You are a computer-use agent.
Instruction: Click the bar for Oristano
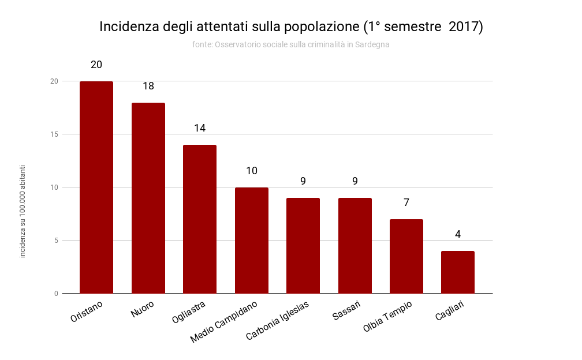96,187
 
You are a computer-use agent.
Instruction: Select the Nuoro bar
148,198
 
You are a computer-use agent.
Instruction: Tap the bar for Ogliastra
200,219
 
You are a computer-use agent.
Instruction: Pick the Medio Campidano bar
252,241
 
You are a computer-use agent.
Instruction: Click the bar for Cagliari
458,272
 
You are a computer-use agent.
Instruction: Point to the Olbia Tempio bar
406,256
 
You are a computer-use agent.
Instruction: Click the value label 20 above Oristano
96,65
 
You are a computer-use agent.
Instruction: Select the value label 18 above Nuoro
148,86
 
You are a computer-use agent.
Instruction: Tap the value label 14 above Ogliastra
200,128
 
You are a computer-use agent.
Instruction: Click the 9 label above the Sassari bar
355,181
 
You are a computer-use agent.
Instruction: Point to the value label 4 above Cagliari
458,234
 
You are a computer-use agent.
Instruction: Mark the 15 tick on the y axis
54,134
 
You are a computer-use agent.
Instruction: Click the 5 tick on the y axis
56,241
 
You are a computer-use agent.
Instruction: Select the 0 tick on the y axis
56,294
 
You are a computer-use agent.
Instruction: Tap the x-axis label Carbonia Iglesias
278,320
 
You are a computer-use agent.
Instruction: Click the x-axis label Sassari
347,311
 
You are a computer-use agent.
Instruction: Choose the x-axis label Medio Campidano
224,322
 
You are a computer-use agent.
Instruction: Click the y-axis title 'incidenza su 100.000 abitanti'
23,211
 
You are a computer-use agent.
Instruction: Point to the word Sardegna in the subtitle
373,44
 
